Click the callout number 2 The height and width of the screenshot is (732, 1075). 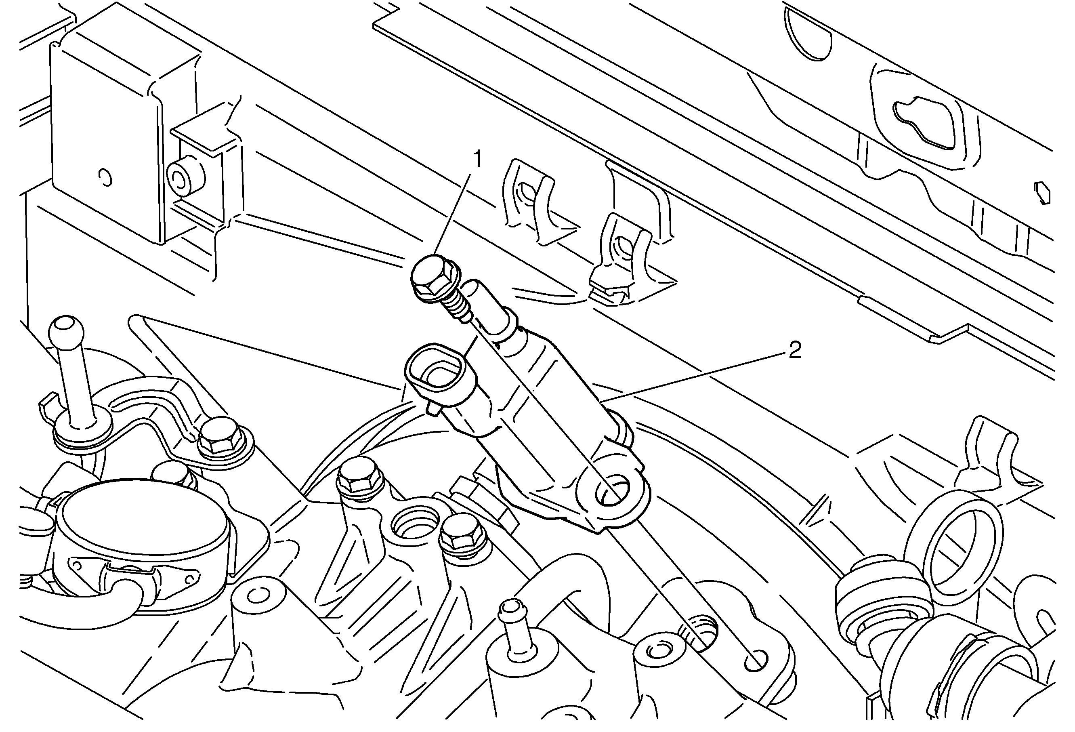coord(794,350)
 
